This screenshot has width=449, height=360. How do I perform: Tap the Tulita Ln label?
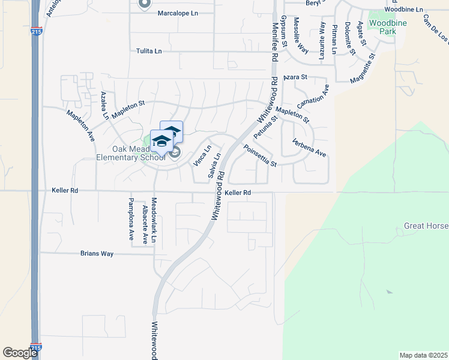click(x=149, y=51)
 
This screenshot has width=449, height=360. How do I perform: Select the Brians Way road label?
click(x=97, y=254)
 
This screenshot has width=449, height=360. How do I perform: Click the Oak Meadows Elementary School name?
click(x=130, y=153)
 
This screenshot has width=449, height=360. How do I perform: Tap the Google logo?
click(x=20, y=353)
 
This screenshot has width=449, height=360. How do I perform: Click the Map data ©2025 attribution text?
click(x=423, y=355)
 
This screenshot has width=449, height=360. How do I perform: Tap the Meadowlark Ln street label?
click(x=154, y=220)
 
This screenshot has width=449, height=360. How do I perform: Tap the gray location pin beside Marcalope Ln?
click(x=143, y=4)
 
